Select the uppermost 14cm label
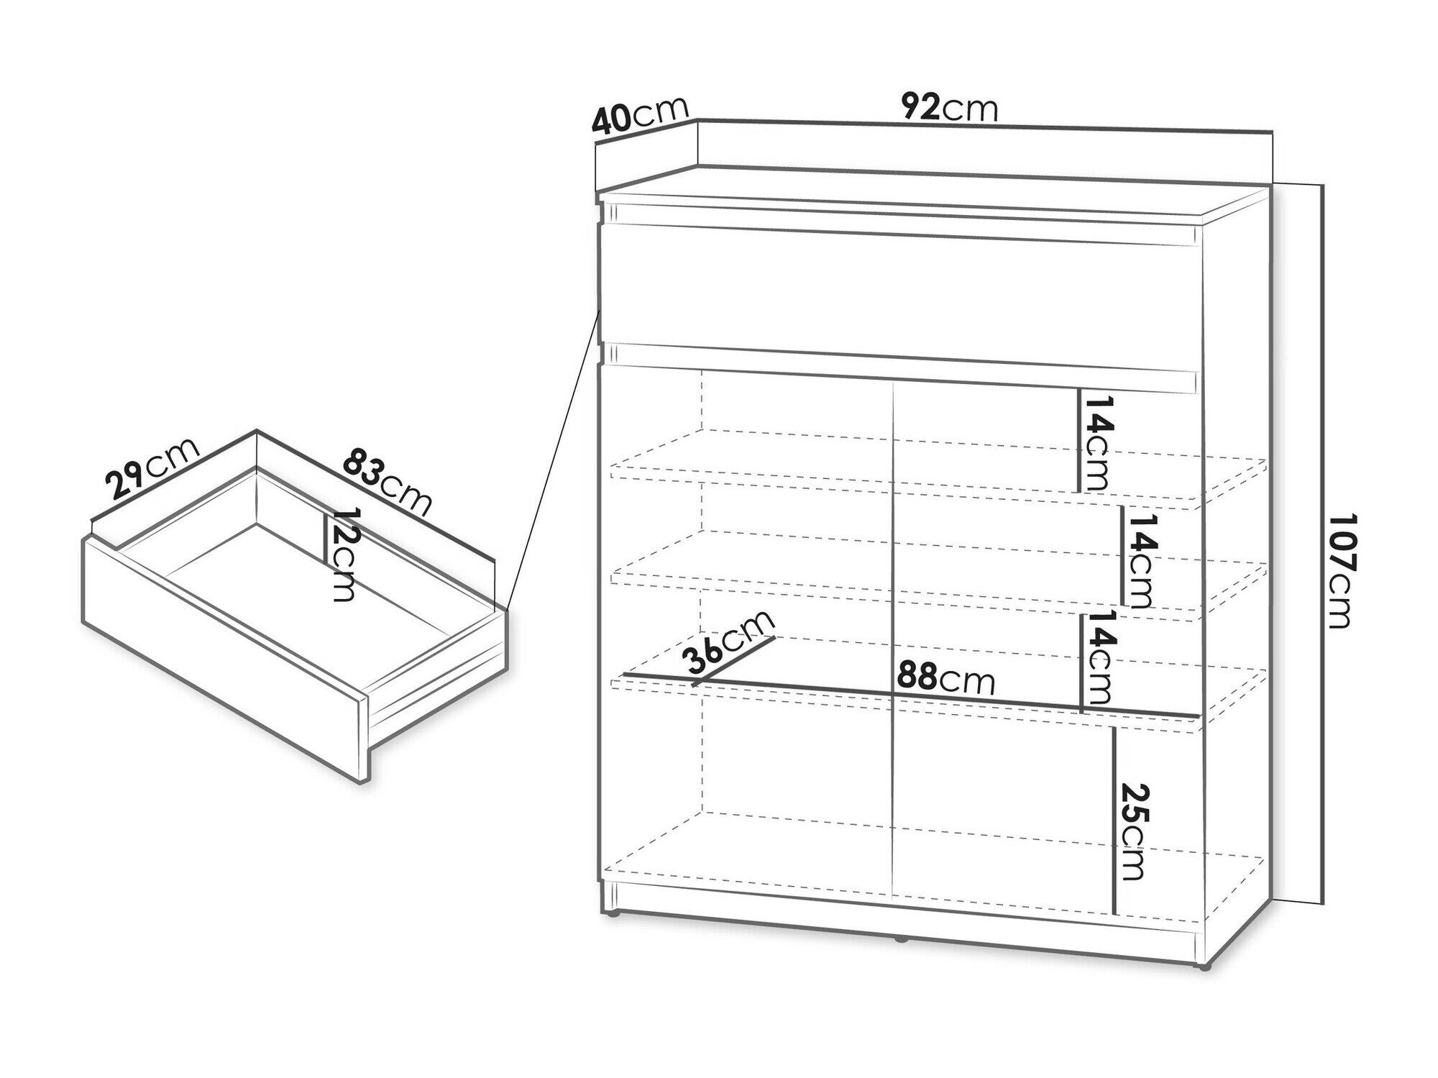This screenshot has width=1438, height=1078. click(1096, 443)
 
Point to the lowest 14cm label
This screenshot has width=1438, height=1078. click(1098, 657)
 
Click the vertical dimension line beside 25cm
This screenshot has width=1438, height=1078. click(1114, 821)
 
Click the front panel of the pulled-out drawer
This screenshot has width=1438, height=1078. click(223, 658)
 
